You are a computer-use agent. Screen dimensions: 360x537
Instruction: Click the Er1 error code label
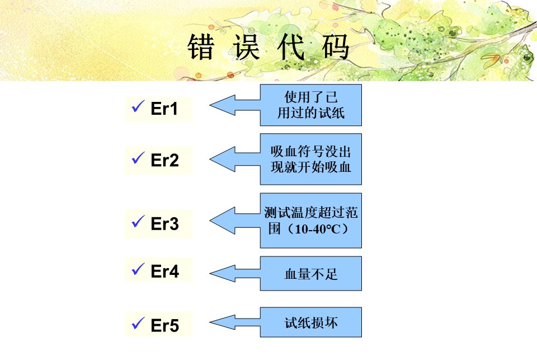point(164,109)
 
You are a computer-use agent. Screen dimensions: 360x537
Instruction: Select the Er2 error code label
point(164,161)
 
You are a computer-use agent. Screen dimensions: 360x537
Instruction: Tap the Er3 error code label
point(164,224)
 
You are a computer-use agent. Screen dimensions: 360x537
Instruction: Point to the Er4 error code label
point(164,272)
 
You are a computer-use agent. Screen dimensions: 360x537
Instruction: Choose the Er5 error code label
point(164,325)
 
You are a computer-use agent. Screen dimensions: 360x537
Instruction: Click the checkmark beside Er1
point(138,107)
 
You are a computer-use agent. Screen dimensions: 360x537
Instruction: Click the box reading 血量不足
point(311,274)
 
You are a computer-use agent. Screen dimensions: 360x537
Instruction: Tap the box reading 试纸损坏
point(311,322)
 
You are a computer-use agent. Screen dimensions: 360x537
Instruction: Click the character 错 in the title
point(201,48)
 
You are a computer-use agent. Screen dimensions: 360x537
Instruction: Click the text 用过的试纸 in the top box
point(311,113)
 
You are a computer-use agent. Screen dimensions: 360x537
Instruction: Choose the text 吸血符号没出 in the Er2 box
point(311,152)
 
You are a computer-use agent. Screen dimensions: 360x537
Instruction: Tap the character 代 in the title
point(291,48)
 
